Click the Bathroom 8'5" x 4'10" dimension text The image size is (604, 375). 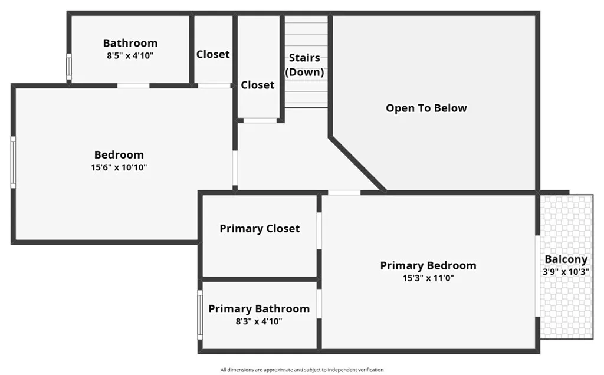[130, 55]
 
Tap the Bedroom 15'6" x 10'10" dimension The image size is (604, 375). [119, 167]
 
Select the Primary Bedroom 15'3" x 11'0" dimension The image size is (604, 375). [428, 278]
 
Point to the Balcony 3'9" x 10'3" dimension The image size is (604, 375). [566, 272]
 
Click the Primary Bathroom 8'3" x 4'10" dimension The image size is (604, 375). [258, 321]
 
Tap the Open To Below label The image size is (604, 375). [426, 108]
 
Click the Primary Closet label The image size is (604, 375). [260, 228]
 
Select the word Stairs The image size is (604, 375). [304, 58]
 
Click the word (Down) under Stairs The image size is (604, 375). [304, 72]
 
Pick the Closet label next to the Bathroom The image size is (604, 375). [213, 54]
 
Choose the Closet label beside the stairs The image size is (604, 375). [258, 85]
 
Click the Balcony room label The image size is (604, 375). [566, 259]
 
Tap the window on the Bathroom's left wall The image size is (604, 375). [68, 67]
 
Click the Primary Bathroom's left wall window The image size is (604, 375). [200, 314]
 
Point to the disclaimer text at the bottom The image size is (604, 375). [302, 370]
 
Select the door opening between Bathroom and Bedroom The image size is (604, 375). [133, 85]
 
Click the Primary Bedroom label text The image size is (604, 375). [428, 265]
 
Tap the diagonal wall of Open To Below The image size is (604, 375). [357, 165]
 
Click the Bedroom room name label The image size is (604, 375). [119, 155]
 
